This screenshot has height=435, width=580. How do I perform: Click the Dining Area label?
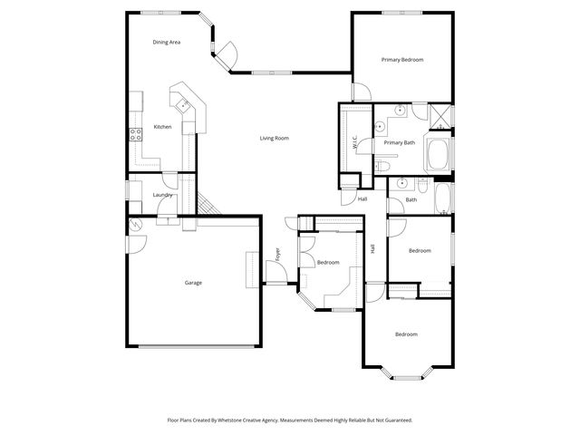pos(166,42)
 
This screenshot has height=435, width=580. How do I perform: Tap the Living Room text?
pos(274,138)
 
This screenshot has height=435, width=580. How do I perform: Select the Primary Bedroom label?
pos(401,60)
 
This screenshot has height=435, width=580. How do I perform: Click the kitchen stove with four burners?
pos(136,134)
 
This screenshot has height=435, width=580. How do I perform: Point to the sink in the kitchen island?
pos(185,106)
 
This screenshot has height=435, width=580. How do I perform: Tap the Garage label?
pos(193,283)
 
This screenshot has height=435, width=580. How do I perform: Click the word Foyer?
pos(277,253)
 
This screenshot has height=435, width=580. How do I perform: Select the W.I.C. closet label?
pos(355,141)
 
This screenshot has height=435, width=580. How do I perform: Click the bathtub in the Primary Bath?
pos(439,155)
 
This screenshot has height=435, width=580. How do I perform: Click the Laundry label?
pos(163,195)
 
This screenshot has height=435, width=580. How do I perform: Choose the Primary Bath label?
pos(399,142)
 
